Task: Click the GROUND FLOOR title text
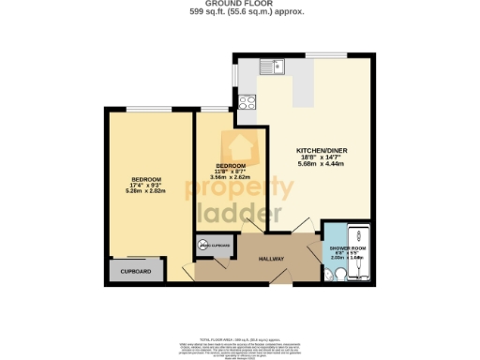tap(240, 4)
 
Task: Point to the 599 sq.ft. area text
tap(240, 12)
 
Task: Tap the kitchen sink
tap(275, 67)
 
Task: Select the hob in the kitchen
tap(247, 104)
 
